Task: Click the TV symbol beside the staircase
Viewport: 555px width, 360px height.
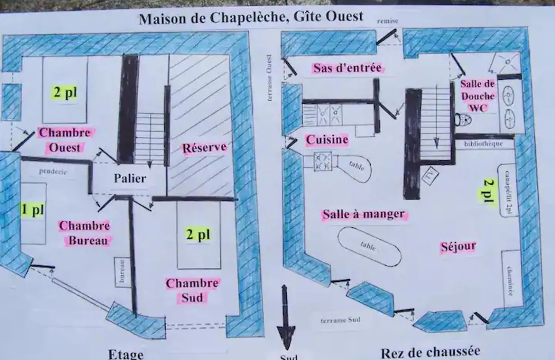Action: [431, 175]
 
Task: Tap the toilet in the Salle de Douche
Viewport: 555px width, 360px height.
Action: [462, 120]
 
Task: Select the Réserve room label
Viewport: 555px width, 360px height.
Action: [204, 148]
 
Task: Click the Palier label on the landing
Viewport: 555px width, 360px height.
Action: [130, 178]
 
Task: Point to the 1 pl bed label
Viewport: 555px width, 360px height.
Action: [32, 209]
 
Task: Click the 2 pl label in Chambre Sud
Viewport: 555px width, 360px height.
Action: [198, 234]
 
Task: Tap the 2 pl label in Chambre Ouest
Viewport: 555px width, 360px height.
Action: [65, 92]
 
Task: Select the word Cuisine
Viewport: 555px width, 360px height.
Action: [327, 139]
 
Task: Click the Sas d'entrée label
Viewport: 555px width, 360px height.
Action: [347, 68]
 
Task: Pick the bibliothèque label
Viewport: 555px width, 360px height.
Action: [484, 144]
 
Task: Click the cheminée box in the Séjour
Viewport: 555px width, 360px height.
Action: [511, 279]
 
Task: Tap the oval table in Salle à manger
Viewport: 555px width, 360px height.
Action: [369, 246]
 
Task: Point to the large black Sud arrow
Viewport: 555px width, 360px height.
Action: [286, 317]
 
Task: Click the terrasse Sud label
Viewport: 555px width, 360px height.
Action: [341, 320]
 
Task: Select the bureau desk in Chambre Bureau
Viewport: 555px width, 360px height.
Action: [122, 272]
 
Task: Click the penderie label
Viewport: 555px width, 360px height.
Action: [53, 171]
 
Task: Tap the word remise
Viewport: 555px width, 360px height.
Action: [387, 21]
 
